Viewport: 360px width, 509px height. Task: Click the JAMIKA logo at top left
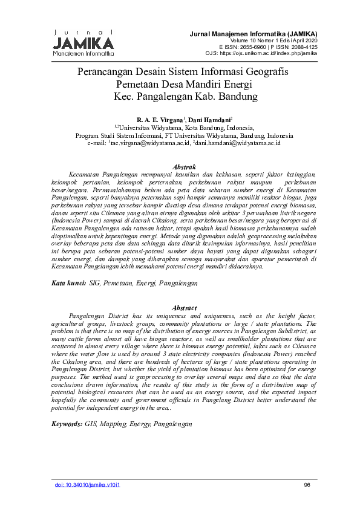click(83, 43)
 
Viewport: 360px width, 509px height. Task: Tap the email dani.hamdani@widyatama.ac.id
click(237, 143)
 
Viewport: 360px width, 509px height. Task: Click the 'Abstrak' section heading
click(184, 166)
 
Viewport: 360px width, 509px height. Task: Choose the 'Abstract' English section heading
click(184, 308)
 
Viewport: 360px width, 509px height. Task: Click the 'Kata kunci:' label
click(68, 283)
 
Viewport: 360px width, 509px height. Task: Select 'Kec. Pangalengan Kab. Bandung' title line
click(186, 96)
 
